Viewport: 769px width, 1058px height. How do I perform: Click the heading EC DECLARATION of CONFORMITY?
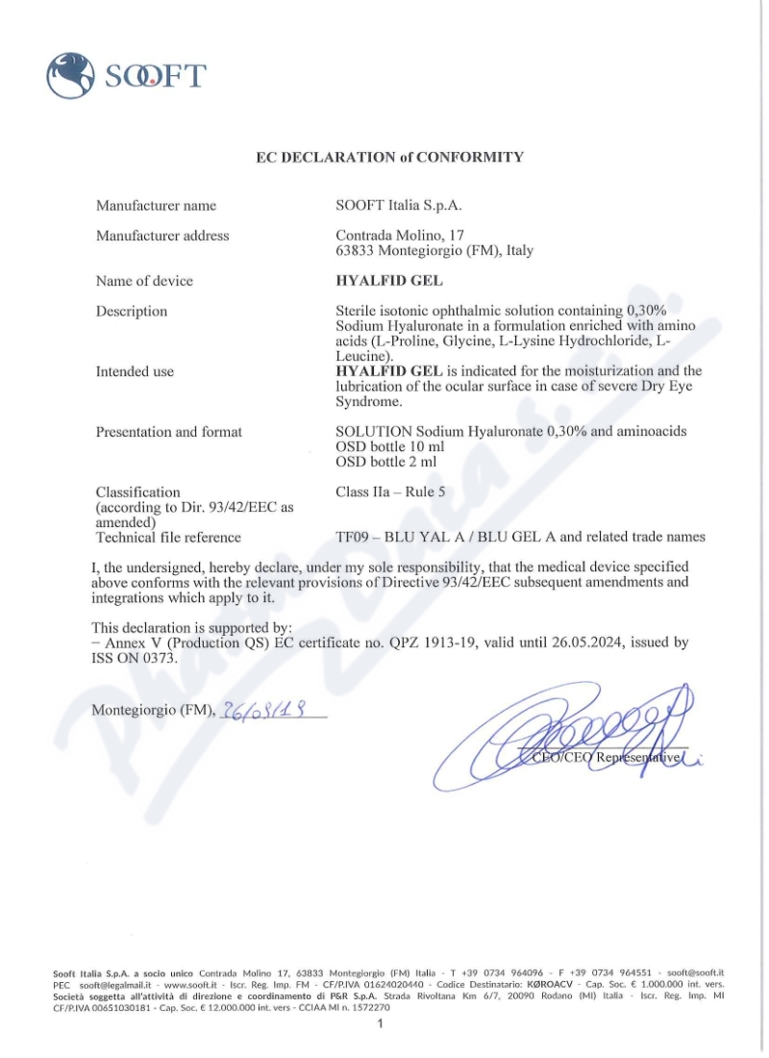click(x=389, y=157)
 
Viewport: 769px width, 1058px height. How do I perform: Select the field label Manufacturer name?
click(x=156, y=205)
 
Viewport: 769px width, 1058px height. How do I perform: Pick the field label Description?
click(x=132, y=312)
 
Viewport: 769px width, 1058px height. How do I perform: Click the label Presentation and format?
click(x=169, y=432)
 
